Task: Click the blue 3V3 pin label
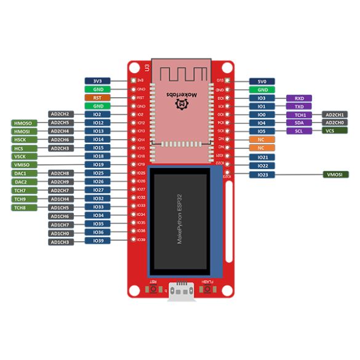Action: pyautogui.click(x=97, y=81)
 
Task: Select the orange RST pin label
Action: pyautogui.click(x=97, y=97)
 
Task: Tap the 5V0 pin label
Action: pyautogui.click(x=262, y=81)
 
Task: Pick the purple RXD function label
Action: pyautogui.click(x=299, y=98)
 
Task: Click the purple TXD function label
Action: pyautogui.click(x=299, y=106)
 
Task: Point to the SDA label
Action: pyautogui.click(x=299, y=122)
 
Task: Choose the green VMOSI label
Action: pyautogui.click(x=335, y=175)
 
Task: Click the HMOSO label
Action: pyautogui.click(x=25, y=123)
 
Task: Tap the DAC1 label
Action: pyautogui.click(x=21, y=174)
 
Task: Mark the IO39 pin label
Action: pyautogui.click(x=97, y=241)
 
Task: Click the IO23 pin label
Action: pyautogui.click(x=262, y=175)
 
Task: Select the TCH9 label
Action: pyautogui.click(x=21, y=199)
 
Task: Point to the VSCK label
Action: pyautogui.click(x=21, y=156)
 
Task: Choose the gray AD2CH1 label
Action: pyautogui.click(x=335, y=114)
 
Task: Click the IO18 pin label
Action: pyautogui.click(x=97, y=156)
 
